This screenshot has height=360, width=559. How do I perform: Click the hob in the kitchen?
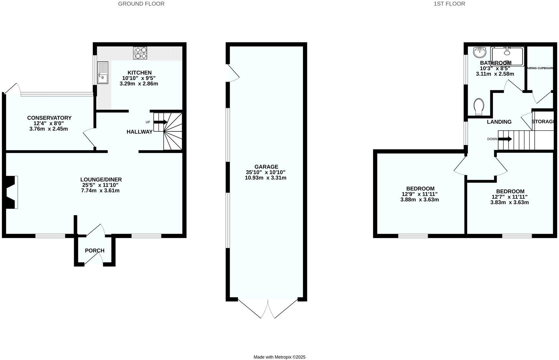(140, 53)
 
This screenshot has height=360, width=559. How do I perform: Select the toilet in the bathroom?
(478, 107)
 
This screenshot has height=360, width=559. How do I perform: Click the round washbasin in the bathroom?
(480, 52)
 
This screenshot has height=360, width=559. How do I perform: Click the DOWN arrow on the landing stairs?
(505, 139)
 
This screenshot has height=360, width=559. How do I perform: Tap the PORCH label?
(94, 251)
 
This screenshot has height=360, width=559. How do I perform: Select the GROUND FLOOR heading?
(141, 4)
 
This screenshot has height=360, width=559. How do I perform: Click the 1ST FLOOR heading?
(449, 4)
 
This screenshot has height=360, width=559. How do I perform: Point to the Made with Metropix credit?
(279, 357)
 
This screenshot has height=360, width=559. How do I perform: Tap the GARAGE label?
(266, 167)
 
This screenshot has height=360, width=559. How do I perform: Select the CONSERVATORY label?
(49, 118)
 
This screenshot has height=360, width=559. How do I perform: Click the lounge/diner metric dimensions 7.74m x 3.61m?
(100, 191)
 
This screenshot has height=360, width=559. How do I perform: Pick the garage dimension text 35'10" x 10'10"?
(266, 172)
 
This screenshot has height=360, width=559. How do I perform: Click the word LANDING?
(499, 122)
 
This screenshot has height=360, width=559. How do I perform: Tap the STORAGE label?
(543, 121)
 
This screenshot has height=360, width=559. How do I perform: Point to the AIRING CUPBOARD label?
(540, 68)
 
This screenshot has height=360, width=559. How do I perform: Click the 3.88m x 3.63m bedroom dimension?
(420, 200)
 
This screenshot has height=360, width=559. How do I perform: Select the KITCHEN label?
(139, 73)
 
